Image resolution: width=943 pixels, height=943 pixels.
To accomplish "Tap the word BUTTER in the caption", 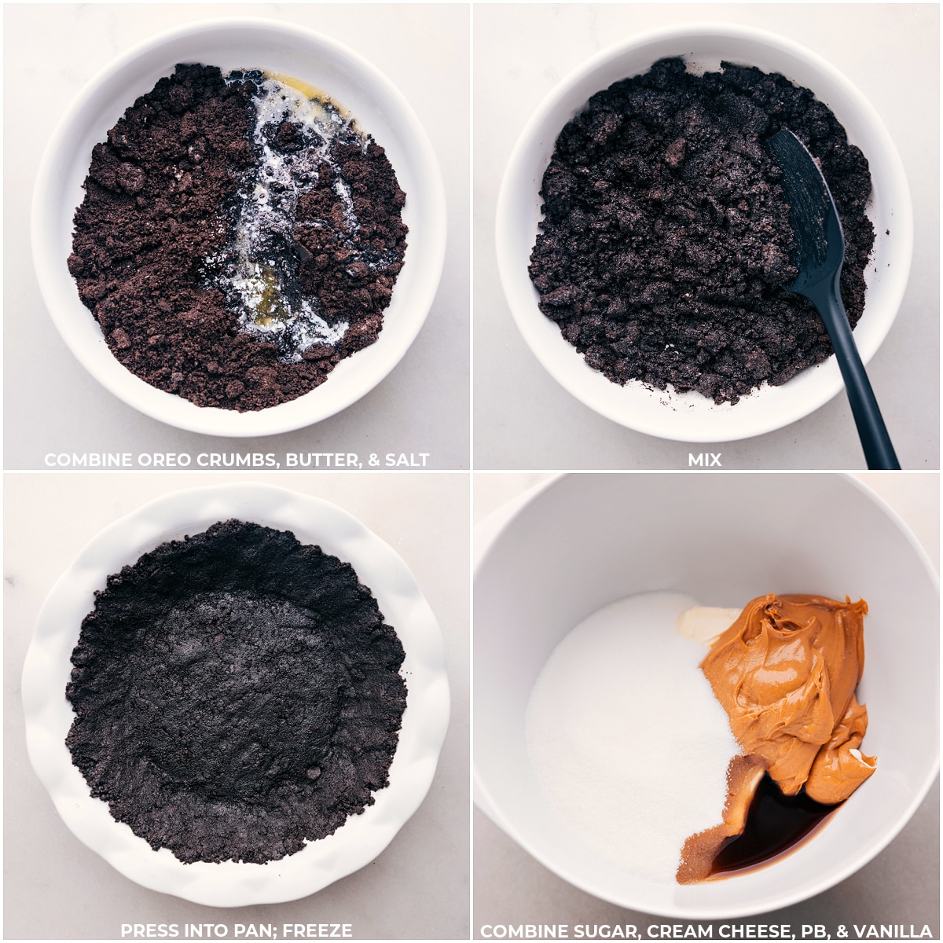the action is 321,460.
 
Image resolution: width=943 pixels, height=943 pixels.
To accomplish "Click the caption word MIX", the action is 705,460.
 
